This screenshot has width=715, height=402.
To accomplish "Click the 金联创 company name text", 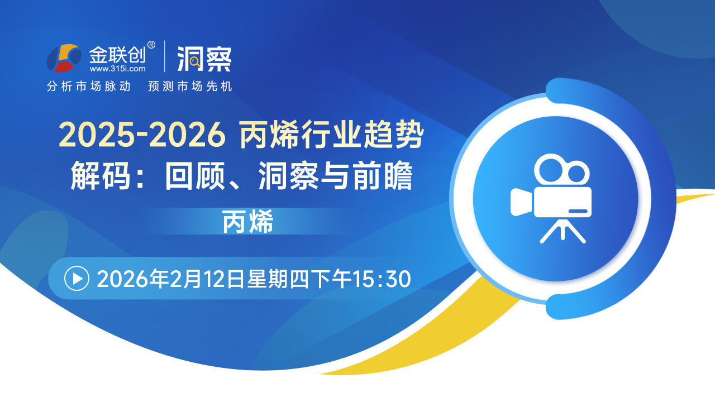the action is (117, 55).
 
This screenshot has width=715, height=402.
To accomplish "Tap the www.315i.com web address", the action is (117, 69).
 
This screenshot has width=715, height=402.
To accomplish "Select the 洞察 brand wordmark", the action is (204, 59).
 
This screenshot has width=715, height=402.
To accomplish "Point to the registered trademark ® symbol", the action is (151, 45).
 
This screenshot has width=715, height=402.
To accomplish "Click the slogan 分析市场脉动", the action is (89, 86).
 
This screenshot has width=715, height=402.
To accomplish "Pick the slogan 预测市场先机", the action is (190, 86).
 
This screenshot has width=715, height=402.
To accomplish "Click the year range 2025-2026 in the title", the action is (142, 135).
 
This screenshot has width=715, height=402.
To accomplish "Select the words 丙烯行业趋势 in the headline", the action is (332, 135).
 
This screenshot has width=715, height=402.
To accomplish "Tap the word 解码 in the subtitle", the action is (101, 176).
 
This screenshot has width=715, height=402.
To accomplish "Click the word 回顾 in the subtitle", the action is (195, 176).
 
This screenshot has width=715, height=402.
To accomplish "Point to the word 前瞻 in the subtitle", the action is (383, 176).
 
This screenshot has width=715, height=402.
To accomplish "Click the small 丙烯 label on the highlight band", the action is (247, 222).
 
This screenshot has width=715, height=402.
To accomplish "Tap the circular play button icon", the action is (77, 279).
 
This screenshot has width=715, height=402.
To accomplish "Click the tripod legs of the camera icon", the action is (563, 231).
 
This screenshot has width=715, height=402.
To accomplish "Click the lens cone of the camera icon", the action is (521, 202).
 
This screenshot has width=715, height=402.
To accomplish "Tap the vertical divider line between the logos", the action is (165, 56).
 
